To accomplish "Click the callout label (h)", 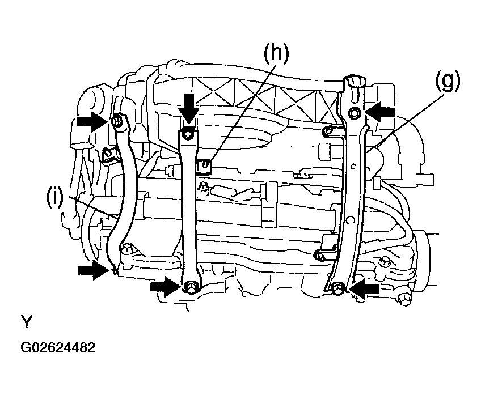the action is (x=276, y=54).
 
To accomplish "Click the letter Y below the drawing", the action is (x=27, y=321).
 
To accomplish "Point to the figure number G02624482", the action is (x=58, y=347).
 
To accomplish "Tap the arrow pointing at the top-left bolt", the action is (x=92, y=121).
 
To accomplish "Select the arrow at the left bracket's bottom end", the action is (x=94, y=270).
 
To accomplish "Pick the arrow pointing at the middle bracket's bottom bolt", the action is (x=166, y=287).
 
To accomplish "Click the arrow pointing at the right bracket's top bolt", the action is (x=380, y=112).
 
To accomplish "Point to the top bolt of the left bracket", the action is (x=117, y=121).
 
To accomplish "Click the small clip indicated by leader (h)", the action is (x=205, y=166).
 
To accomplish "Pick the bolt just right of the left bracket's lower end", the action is (x=127, y=248).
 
